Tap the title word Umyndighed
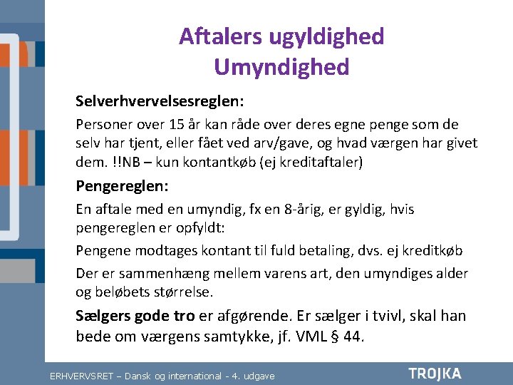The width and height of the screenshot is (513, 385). click(281, 67)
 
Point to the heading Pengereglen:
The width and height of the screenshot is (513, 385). click(122, 187)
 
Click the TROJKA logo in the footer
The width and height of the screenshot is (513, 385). click(435, 374)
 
